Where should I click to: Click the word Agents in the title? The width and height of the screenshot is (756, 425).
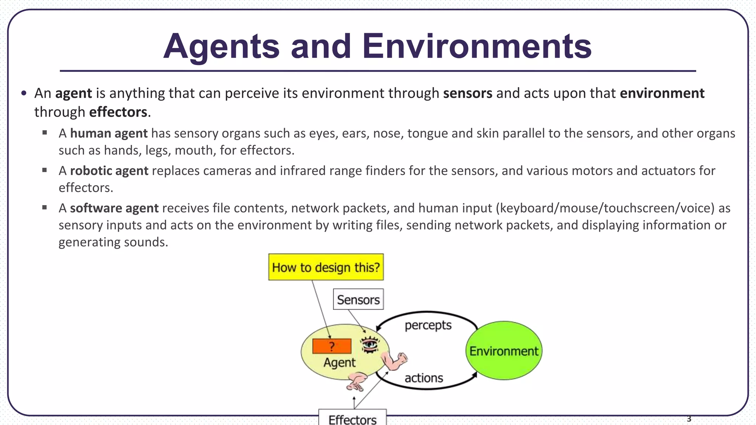221,47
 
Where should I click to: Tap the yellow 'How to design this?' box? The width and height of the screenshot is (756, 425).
326,267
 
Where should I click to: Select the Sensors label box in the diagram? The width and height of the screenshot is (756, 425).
358,300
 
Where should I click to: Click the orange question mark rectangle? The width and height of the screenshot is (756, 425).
331,346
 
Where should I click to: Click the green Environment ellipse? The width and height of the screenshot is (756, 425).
504,351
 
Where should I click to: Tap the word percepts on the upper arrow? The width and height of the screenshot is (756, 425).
428,325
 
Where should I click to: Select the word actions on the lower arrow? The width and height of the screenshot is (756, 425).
423,378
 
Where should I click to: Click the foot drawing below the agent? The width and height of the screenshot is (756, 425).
356,382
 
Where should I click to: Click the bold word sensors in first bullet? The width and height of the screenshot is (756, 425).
467,93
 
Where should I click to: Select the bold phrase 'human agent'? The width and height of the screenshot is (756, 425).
109,133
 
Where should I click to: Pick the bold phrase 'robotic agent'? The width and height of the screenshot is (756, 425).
109,171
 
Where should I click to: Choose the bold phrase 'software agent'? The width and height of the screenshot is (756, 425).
114,208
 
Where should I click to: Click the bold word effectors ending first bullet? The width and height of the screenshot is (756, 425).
118,112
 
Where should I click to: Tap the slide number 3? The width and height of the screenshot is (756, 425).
689,419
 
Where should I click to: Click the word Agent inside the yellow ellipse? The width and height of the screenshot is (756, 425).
339,363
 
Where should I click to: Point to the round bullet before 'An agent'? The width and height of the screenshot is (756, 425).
24,93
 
